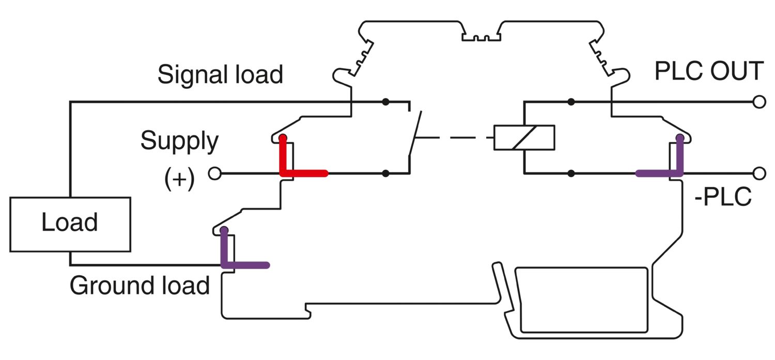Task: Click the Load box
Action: (x=70, y=224)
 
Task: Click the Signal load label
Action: (x=220, y=74)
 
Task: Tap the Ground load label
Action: (x=139, y=286)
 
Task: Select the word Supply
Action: (x=179, y=141)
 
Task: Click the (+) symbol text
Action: (x=179, y=179)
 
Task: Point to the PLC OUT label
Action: (x=709, y=71)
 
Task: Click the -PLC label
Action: (x=723, y=198)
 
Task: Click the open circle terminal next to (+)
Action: (x=214, y=174)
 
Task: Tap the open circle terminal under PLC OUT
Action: (x=759, y=102)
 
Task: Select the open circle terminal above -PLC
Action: (x=759, y=173)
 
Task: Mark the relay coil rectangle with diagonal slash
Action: (x=524, y=137)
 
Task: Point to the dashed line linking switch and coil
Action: (x=455, y=138)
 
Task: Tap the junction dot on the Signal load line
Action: (x=385, y=102)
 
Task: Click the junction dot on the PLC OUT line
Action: (x=571, y=102)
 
